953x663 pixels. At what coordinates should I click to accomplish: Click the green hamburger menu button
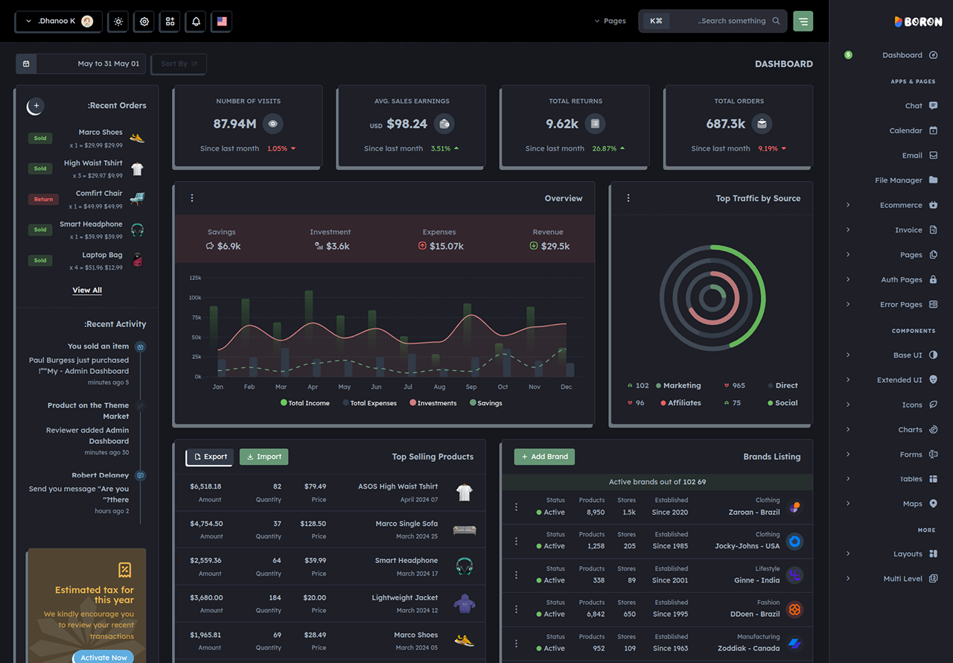(803, 22)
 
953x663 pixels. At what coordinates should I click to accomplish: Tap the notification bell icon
(196, 22)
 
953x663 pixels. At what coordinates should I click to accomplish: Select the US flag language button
(222, 22)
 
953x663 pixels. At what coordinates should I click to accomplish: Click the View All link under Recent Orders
(87, 290)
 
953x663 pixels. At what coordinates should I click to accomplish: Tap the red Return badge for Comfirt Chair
(43, 199)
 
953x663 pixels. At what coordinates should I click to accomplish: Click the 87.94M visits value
(235, 124)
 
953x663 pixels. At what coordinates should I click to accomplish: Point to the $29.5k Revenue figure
(555, 246)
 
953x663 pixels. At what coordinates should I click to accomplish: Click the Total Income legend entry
(305, 403)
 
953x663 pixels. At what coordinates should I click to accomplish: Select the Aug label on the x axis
(439, 387)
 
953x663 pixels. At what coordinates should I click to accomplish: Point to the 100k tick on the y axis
(195, 297)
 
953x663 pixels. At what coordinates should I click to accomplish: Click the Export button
(210, 457)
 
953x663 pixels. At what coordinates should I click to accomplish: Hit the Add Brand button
(544, 457)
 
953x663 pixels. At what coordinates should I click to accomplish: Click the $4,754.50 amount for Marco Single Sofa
(206, 524)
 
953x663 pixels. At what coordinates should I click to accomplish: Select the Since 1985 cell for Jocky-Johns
(670, 546)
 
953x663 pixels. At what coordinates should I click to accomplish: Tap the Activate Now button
(103, 657)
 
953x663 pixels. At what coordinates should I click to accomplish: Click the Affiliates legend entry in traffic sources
(681, 403)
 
